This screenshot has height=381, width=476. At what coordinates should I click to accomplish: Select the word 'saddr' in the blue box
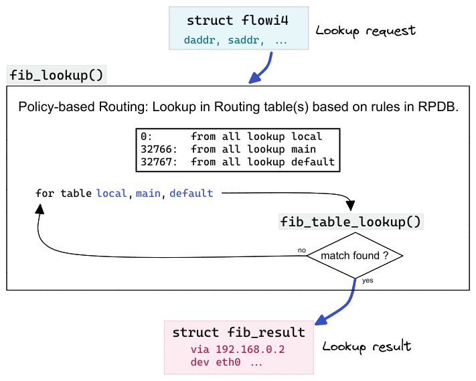(243, 40)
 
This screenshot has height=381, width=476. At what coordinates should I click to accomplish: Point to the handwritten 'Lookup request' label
(366, 31)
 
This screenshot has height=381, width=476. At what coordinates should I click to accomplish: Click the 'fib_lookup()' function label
(56, 74)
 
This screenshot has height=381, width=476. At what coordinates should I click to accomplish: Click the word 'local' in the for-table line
(111, 194)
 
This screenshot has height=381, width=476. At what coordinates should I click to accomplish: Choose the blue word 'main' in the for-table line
(148, 194)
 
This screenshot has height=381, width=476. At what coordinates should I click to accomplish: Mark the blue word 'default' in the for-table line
(191, 194)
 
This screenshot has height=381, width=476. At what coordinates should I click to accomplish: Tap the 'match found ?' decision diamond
(355, 256)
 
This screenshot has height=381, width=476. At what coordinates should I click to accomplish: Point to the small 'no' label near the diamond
(301, 250)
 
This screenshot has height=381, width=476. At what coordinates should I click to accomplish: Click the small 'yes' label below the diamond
(367, 281)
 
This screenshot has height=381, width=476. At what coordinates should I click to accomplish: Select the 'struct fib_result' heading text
(238, 332)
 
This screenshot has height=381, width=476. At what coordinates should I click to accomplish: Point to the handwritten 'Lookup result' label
(367, 346)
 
